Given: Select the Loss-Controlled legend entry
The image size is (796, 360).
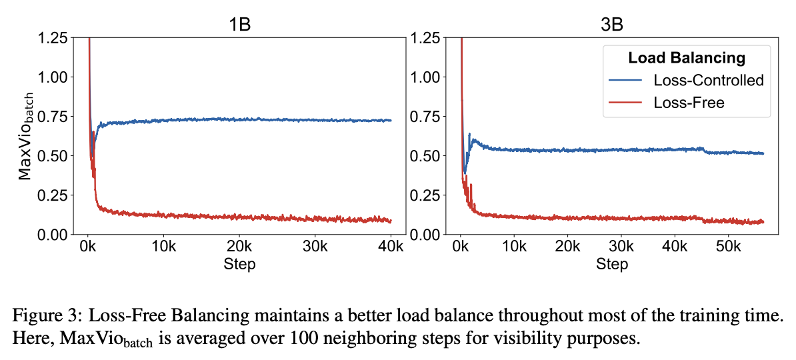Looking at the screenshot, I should (708, 81).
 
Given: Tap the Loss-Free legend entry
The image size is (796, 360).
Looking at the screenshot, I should (689, 102).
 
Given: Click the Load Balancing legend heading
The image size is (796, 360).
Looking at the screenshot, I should (687, 57).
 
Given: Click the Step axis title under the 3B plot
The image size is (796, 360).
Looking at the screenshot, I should (612, 265).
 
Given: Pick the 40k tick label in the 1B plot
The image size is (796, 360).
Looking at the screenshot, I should (391, 247).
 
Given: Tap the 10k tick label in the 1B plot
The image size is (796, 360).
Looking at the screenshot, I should (163, 247).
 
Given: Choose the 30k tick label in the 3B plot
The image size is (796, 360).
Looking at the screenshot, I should (621, 247).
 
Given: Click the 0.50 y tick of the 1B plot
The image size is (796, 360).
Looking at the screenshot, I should (53, 155).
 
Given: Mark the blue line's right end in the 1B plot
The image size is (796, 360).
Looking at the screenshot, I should (391, 121).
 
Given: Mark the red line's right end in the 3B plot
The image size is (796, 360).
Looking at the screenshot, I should (763, 221).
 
